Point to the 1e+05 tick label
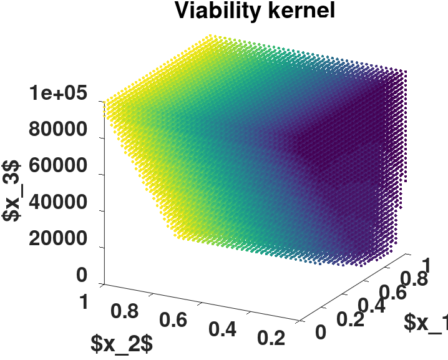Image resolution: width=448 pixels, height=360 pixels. pos(57,95)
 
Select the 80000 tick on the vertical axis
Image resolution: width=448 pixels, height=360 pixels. pos(57,131)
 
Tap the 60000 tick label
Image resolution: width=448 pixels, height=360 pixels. pos(57,167)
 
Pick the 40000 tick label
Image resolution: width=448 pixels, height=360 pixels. pos(57,203)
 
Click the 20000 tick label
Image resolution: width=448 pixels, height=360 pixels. pos(57,240)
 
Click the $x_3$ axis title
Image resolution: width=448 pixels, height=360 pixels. pos(12,190)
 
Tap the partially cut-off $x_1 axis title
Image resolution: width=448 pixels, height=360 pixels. pos(426,323)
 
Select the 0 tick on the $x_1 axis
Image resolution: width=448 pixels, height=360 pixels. pos(320,331)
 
